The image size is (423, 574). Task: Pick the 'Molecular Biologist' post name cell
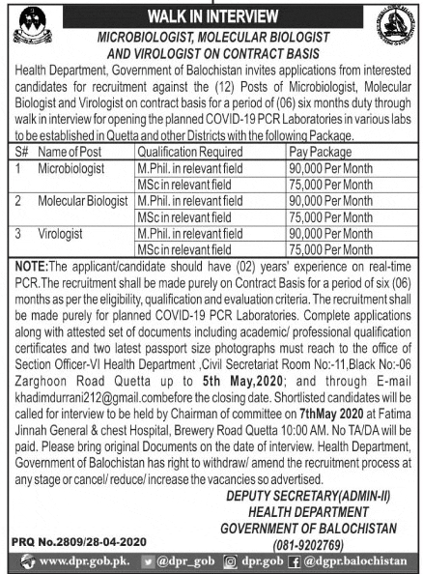[x=85, y=200]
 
